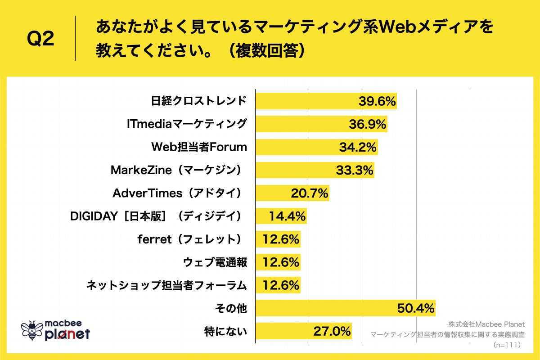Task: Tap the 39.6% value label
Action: click(377, 101)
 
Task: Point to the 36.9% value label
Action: click(367, 124)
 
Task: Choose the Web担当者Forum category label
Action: click(198, 147)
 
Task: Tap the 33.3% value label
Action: click(355, 170)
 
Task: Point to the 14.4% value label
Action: click(288, 216)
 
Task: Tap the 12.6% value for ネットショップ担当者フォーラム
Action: click(281, 285)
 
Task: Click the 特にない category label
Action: click(225, 332)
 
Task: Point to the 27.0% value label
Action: click(332, 332)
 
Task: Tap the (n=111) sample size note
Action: click(506, 345)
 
